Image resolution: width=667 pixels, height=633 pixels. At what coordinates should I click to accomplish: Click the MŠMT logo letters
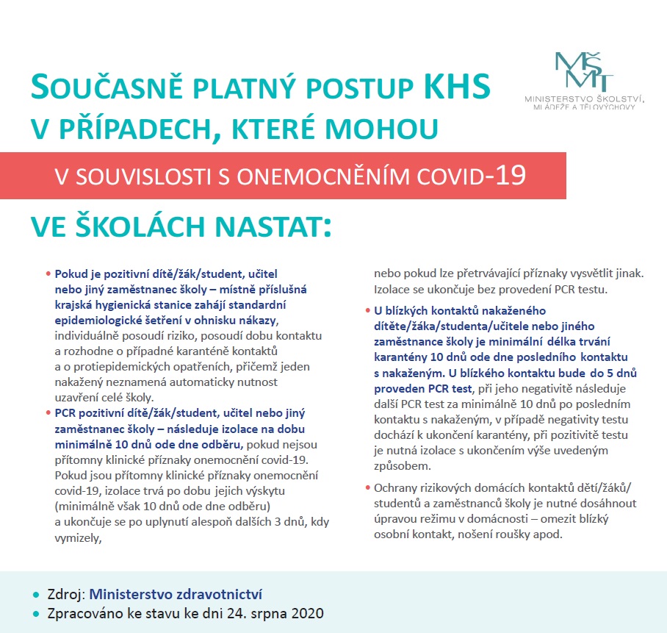tap(585, 71)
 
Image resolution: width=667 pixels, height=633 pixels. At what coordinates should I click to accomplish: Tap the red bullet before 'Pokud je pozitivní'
tap(49, 273)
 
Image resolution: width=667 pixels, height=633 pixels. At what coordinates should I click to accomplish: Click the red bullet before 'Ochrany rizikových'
tap(368, 488)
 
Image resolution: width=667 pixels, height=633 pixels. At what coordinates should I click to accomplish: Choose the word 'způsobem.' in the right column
tap(403, 465)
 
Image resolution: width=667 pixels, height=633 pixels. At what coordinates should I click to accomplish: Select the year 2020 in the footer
tap(306, 613)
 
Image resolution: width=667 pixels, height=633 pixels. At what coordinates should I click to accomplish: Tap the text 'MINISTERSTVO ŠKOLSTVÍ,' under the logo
tap(584, 98)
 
